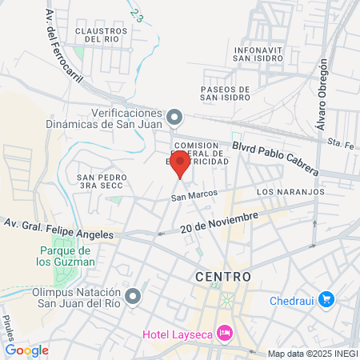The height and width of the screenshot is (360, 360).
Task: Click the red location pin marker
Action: pos(181,163)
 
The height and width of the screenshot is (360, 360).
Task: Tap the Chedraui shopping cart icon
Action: pos(326,299)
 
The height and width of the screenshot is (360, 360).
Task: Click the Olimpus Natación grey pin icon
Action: pos(134,297)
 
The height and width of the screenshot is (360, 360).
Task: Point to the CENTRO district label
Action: pos(223,277)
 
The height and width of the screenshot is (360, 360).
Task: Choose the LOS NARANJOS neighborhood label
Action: pos(290,193)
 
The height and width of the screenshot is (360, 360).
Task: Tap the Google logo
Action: pos(27,350)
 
